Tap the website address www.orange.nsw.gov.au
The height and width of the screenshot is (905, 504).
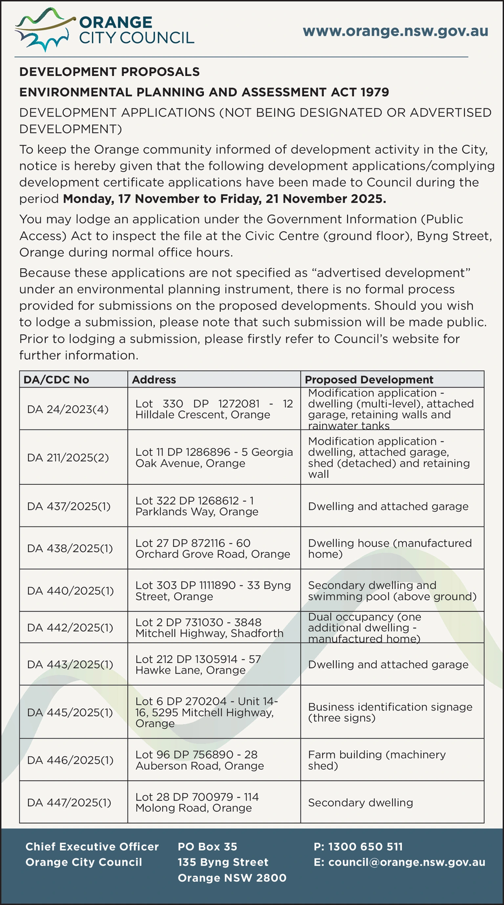coord(396,31)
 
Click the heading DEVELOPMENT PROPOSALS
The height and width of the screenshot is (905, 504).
coord(110,72)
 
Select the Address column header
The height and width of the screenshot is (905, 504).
coord(154,380)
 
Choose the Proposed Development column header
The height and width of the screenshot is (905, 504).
coord(369,380)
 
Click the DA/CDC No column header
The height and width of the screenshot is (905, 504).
coord(57,380)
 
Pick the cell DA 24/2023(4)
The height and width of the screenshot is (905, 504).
coord(67,409)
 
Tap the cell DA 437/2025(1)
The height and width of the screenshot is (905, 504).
coord(69,506)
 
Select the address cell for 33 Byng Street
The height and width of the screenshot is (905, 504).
coord(213,591)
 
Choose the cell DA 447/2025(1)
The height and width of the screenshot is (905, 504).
coord(69,803)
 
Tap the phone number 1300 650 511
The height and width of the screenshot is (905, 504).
coord(358,847)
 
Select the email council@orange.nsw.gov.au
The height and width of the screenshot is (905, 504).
coord(399,862)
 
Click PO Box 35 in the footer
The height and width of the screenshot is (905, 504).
coord(207,847)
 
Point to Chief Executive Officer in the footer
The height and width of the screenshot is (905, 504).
coord(92,847)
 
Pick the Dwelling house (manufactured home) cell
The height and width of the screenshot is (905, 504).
coord(389,548)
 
